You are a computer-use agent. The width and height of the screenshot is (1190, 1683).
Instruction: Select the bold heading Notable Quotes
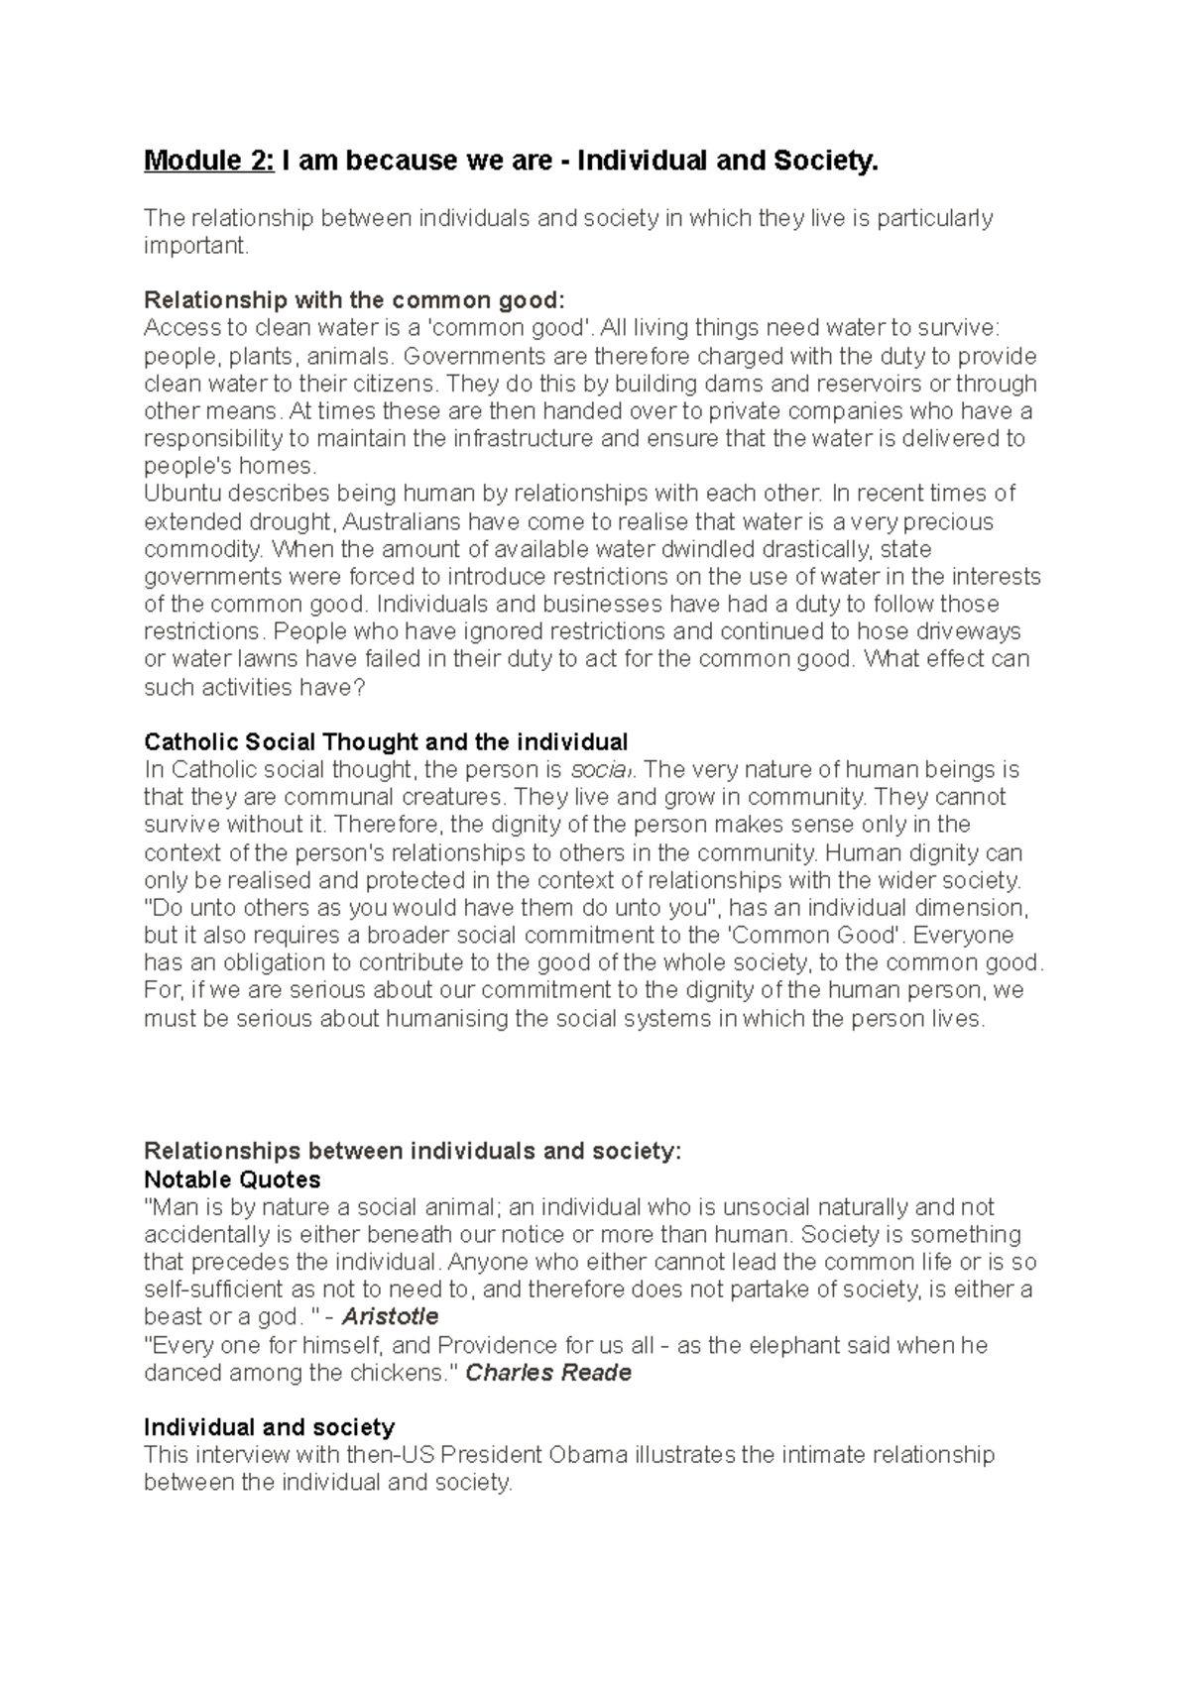[x=232, y=1179]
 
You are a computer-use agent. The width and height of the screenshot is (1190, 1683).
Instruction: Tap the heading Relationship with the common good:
[x=353, y=300]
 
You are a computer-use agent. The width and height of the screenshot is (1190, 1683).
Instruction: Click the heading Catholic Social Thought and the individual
[x=386, y=741]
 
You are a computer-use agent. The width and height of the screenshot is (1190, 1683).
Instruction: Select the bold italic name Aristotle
[x=390, y=1317]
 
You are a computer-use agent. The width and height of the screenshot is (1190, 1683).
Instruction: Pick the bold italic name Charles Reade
[x=548, y=1373]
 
